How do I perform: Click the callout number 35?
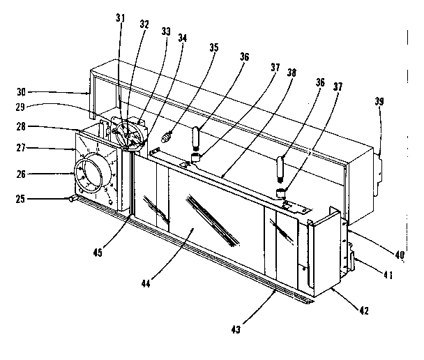pos(213,48)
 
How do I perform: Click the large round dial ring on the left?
pos(92,174)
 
